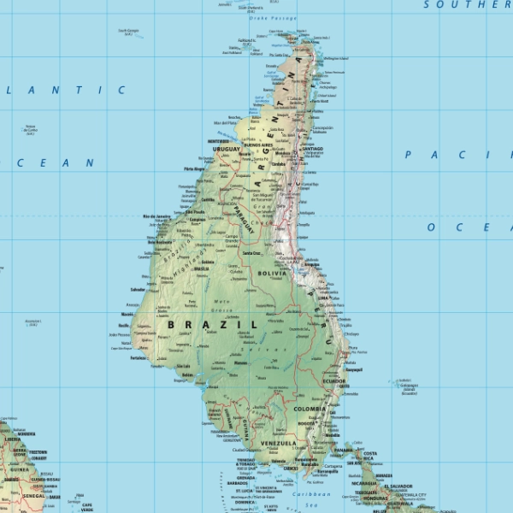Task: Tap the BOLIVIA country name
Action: point(276,274)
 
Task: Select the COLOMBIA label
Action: point(309,409)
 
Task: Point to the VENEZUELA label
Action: point(279,444)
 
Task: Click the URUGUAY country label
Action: point(227,149)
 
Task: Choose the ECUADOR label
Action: point(334,380)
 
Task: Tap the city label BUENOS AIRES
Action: point(258,146)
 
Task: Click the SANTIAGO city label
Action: point(312,149)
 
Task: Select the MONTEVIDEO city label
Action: point(221,141)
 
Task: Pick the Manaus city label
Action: point(241,363)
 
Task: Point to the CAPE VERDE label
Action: point(86,506)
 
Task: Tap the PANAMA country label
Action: point(345,447)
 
